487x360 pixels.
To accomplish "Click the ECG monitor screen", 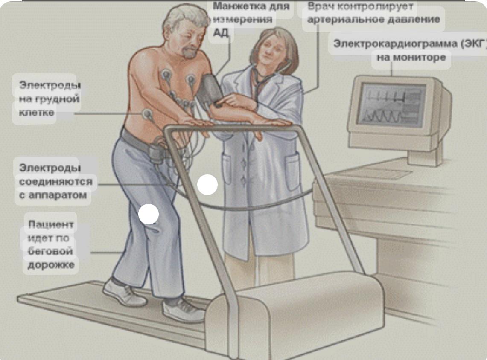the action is point(392,104).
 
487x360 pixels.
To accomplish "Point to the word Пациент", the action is point(51,224).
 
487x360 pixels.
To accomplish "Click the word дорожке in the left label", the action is point(51,265).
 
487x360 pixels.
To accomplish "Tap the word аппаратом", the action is point(58,195).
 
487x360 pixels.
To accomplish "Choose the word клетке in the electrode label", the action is point(37,112).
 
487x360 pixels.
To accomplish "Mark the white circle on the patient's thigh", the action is point(149,214).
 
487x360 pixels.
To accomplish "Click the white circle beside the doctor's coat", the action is point(207,185).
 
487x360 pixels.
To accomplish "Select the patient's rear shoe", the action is point(124,292).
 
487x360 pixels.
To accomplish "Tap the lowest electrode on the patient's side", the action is point(147,115).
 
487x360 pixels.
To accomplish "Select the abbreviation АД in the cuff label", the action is point(221,32).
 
